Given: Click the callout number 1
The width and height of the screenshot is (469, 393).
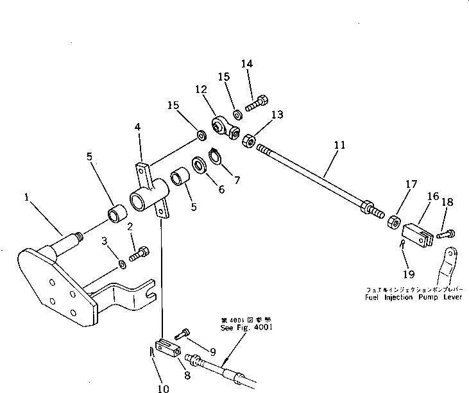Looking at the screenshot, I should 26,199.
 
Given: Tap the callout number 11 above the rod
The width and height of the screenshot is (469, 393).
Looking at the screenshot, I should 339,145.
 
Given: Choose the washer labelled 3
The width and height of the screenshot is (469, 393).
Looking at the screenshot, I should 122,265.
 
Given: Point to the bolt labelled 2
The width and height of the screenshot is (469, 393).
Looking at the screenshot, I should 139,255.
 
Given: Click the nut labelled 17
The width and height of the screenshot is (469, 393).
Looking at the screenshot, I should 392,222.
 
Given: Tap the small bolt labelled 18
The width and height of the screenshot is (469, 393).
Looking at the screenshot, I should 447,235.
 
